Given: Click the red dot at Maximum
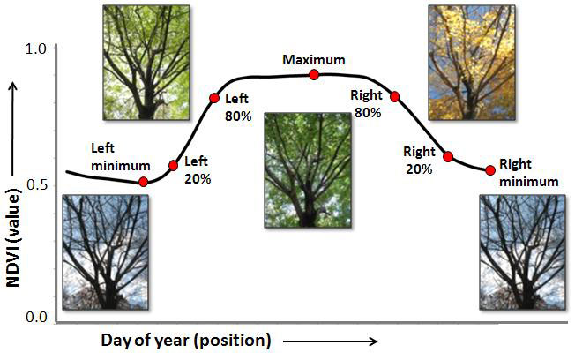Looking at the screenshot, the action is [314, 75].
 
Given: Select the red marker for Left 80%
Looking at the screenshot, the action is [214, 98].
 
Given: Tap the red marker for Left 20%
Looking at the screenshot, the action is [174, 166].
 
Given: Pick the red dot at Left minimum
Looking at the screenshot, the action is [144, 182].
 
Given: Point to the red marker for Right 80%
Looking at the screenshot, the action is [394, 97].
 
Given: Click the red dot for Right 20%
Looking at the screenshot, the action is [448, 157].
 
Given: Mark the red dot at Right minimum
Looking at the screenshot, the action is [490, 170].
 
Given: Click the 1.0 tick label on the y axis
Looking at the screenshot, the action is [35, 49].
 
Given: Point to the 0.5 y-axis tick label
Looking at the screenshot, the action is [38, 185].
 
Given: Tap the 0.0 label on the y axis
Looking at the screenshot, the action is [37, 317].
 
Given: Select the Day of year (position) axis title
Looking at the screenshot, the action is [186, 341].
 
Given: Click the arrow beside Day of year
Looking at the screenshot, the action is [330, 341].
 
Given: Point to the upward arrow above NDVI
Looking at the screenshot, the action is [13, 129].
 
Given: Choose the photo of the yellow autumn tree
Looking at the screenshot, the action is [472, 63].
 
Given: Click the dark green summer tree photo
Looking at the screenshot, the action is [308, 170].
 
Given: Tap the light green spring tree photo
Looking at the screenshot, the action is [146, 63].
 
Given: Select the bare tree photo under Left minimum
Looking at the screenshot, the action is [106, 252].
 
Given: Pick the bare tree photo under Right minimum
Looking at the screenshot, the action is [523, 252].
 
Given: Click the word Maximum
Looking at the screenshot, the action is [314, 59].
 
